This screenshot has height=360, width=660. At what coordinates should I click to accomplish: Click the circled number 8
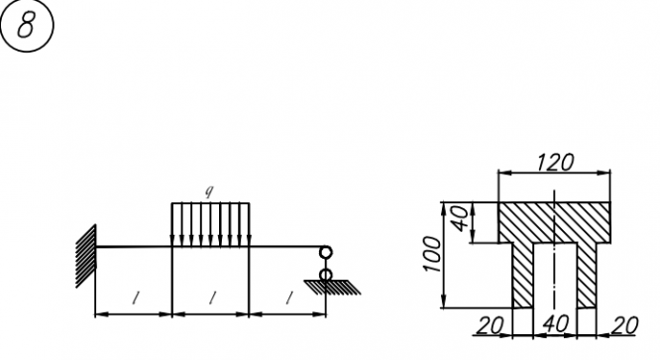[27, 25]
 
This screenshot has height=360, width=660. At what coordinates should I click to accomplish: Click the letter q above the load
[209, 191]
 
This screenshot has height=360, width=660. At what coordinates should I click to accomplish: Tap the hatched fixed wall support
[86, 256]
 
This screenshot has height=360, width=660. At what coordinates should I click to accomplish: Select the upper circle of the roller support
[326, 252]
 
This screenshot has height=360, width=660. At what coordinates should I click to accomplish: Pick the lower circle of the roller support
[326, 275]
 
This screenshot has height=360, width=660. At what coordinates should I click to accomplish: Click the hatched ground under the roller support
[333, 288]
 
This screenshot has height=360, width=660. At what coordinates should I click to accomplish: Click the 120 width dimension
[555, 162]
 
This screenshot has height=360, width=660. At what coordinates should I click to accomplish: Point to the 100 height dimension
[432, 254]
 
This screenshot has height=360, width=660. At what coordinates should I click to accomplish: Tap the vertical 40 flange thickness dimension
[462, 218]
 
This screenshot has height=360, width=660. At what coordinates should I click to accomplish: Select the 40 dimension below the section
[556, 323]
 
